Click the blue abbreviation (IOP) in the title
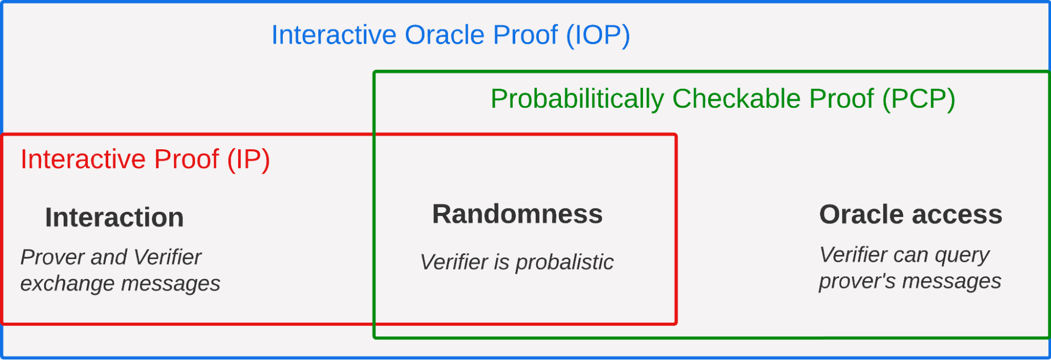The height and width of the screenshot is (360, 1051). click(x=598, y=36)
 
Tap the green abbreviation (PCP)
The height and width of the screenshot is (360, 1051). click(x=919, y=99)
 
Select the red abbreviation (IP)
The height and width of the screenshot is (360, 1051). click(x=249, y=160)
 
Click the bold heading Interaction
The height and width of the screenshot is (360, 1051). click(x=115, y=218)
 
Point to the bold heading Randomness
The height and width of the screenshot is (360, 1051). click(x=517, y=214)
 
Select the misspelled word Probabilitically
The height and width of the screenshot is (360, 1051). click(x=577, y=99)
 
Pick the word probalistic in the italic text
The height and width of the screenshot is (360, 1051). click(x=565, y=263)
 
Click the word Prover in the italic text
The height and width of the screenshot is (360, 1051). click(x=53, y=258)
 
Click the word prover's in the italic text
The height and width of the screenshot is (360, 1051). click(x=857, y=282)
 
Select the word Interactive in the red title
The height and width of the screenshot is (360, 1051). click(x=83, y=159)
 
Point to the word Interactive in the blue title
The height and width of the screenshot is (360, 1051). click(x=334, y=35)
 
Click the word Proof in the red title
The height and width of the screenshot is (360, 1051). click(x=187, y=159)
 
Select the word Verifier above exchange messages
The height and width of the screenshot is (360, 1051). click(x=167, y=258)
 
